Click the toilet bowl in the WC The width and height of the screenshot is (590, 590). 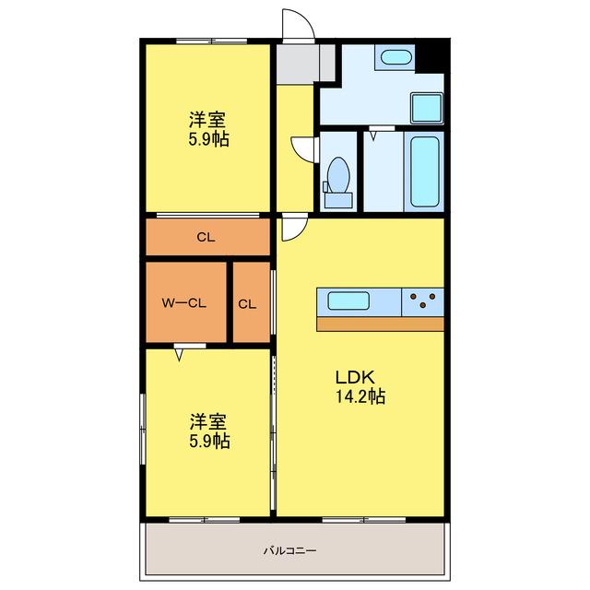coord(338,176)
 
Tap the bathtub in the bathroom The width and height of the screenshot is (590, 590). coord(424,171)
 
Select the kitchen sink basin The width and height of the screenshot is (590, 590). coord(348,301)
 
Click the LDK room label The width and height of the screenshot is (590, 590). coord(355,377)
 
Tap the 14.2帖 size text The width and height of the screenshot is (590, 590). coord(360,396)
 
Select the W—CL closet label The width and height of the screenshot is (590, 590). coord(184,303)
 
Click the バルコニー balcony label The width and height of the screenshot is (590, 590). coord(289,551)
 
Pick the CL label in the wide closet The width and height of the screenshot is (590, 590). coord(206,238)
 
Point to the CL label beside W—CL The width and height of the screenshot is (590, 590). coord(247,304)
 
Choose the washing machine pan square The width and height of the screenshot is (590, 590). coord(427,108)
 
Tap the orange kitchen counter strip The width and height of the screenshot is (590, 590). coord(380,324)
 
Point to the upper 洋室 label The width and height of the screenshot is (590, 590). coord(207,120)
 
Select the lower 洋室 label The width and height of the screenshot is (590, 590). coord(208,422)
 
